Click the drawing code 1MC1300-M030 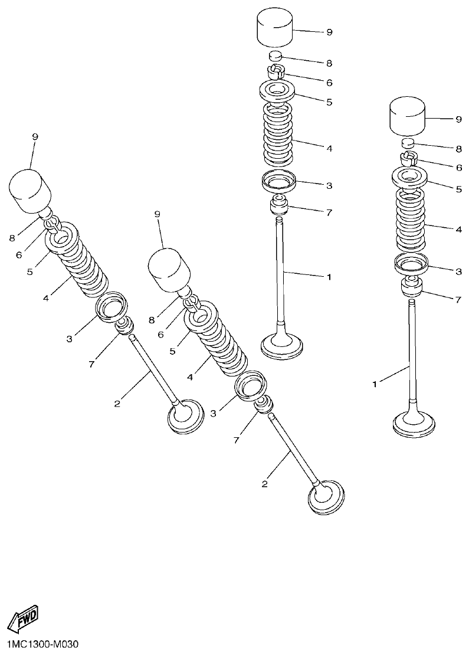click(40, 644)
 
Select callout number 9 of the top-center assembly click(329, 32)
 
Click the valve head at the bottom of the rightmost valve click(414, 423)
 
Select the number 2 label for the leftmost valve click(117, 403)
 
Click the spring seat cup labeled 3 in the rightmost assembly click(411, 265)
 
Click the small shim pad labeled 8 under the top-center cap click(276, 57)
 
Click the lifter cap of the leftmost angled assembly click(31, 191)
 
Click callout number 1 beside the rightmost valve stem click(374, 384)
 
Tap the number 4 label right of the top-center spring click(329, 148)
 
